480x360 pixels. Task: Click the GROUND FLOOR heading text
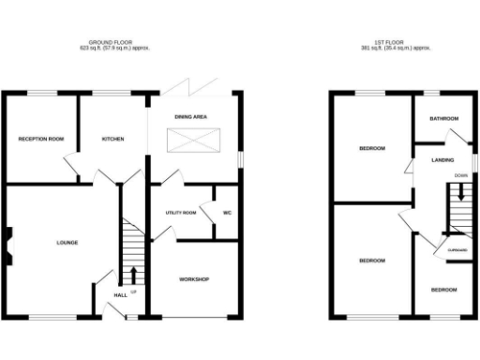116,42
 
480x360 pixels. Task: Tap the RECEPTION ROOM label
40,140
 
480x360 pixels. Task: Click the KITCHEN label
113,140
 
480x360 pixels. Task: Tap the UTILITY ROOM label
180,213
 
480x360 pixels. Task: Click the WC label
227,213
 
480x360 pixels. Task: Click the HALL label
120,296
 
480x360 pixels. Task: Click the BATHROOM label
443,119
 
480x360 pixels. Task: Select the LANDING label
442,160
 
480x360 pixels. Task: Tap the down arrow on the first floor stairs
459,196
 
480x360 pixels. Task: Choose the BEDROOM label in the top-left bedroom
372,148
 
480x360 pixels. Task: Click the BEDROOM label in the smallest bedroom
444,291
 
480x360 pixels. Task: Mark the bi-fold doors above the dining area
191,88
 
